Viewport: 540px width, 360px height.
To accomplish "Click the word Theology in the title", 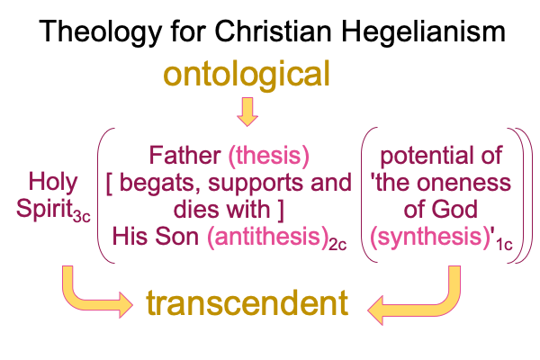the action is point(100,32).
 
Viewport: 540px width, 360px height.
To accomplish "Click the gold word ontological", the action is point(247,75).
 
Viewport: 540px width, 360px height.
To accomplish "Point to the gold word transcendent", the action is point(247,303).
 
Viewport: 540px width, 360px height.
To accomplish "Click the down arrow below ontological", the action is point(247,112).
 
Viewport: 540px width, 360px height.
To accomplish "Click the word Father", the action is point(184,156).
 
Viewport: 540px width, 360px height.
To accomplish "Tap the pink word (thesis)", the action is point(269,156).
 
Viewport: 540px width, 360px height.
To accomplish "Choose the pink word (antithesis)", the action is point(267,237).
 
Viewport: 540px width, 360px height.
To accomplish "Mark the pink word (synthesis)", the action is point(430,237).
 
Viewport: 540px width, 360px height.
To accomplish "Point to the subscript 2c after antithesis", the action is point(337,245).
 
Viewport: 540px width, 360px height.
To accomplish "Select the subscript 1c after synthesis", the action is point(504,245).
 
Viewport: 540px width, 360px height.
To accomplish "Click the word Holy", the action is point(53,183).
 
